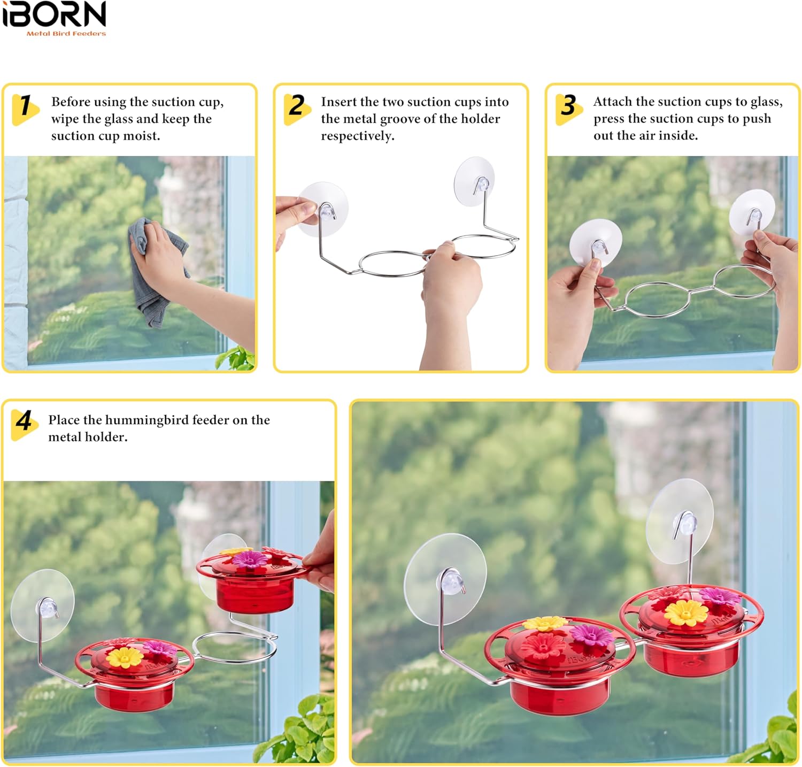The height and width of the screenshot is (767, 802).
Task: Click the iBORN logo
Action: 54,15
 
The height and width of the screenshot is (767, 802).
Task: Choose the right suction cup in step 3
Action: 752,213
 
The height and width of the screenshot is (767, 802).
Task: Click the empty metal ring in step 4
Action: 235,647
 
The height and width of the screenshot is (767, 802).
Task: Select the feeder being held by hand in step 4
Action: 251,580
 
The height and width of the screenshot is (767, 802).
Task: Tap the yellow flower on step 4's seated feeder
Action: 124,657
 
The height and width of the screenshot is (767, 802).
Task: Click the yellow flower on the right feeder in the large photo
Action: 685,612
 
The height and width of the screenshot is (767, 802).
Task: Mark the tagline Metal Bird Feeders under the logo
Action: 66,34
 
